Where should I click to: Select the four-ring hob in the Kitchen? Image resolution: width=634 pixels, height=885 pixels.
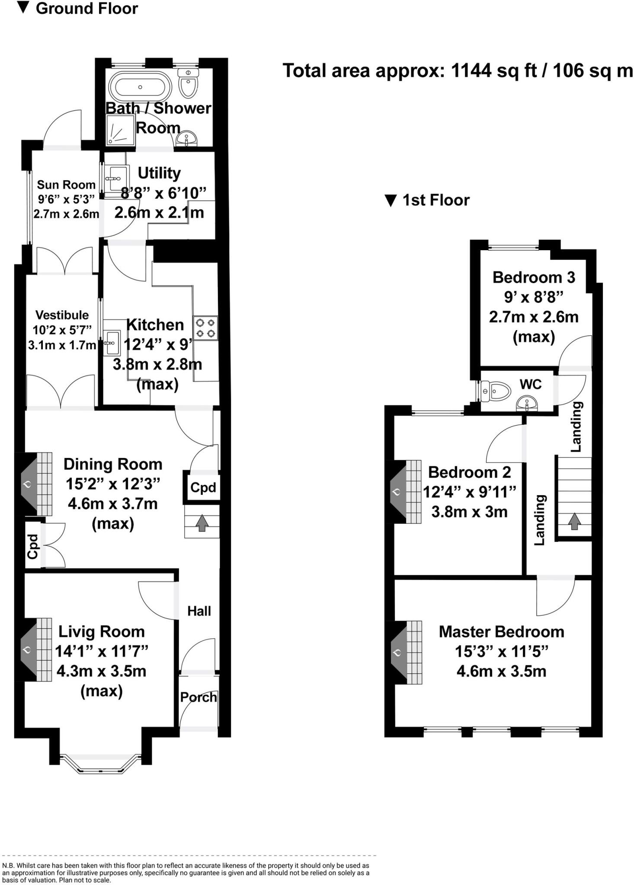[205, 328]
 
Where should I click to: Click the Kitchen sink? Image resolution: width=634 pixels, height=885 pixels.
[112, 343]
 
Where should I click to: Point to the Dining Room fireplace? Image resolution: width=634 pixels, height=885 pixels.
[35, 484]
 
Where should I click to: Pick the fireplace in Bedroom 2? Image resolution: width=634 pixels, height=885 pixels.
[404, 492]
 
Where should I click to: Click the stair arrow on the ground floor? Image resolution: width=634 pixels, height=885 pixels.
[202, 523]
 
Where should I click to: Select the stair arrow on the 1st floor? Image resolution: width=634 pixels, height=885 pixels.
[574, 521]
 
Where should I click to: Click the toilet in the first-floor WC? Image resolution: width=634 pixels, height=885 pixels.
[495, 391]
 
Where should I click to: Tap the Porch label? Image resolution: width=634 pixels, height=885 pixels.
[199, 697]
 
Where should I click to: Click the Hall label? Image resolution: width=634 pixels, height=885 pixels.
[199, 611]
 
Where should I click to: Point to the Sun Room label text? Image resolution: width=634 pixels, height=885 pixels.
[66, 185]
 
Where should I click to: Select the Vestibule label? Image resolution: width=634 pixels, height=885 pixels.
[62, 315]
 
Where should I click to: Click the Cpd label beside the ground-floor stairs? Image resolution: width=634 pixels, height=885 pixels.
[203, 487]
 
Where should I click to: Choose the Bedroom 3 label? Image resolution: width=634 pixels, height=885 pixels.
[534, 277]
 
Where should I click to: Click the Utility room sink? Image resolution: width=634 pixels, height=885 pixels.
[115, 178]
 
